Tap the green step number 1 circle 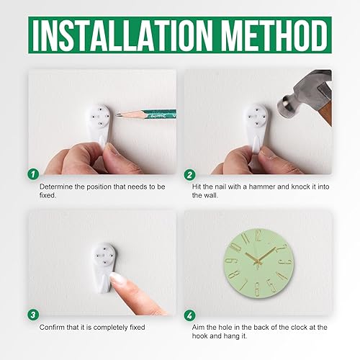[x=32, y=174]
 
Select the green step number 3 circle [x=32, y=315]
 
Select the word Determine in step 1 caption [x=58, y=186]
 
